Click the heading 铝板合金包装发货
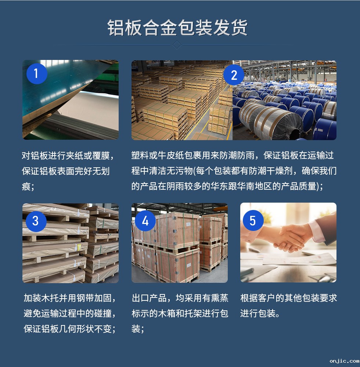tap(178, 27)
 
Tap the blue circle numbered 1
tap(36, 74)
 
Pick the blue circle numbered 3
tap(36, 221)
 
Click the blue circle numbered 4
tap(145, 221)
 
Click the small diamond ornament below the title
tap(177, 45)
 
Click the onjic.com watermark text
tap(343, 361)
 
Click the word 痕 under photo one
tap(26, 186)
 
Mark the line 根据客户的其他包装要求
tap(289, 298)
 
